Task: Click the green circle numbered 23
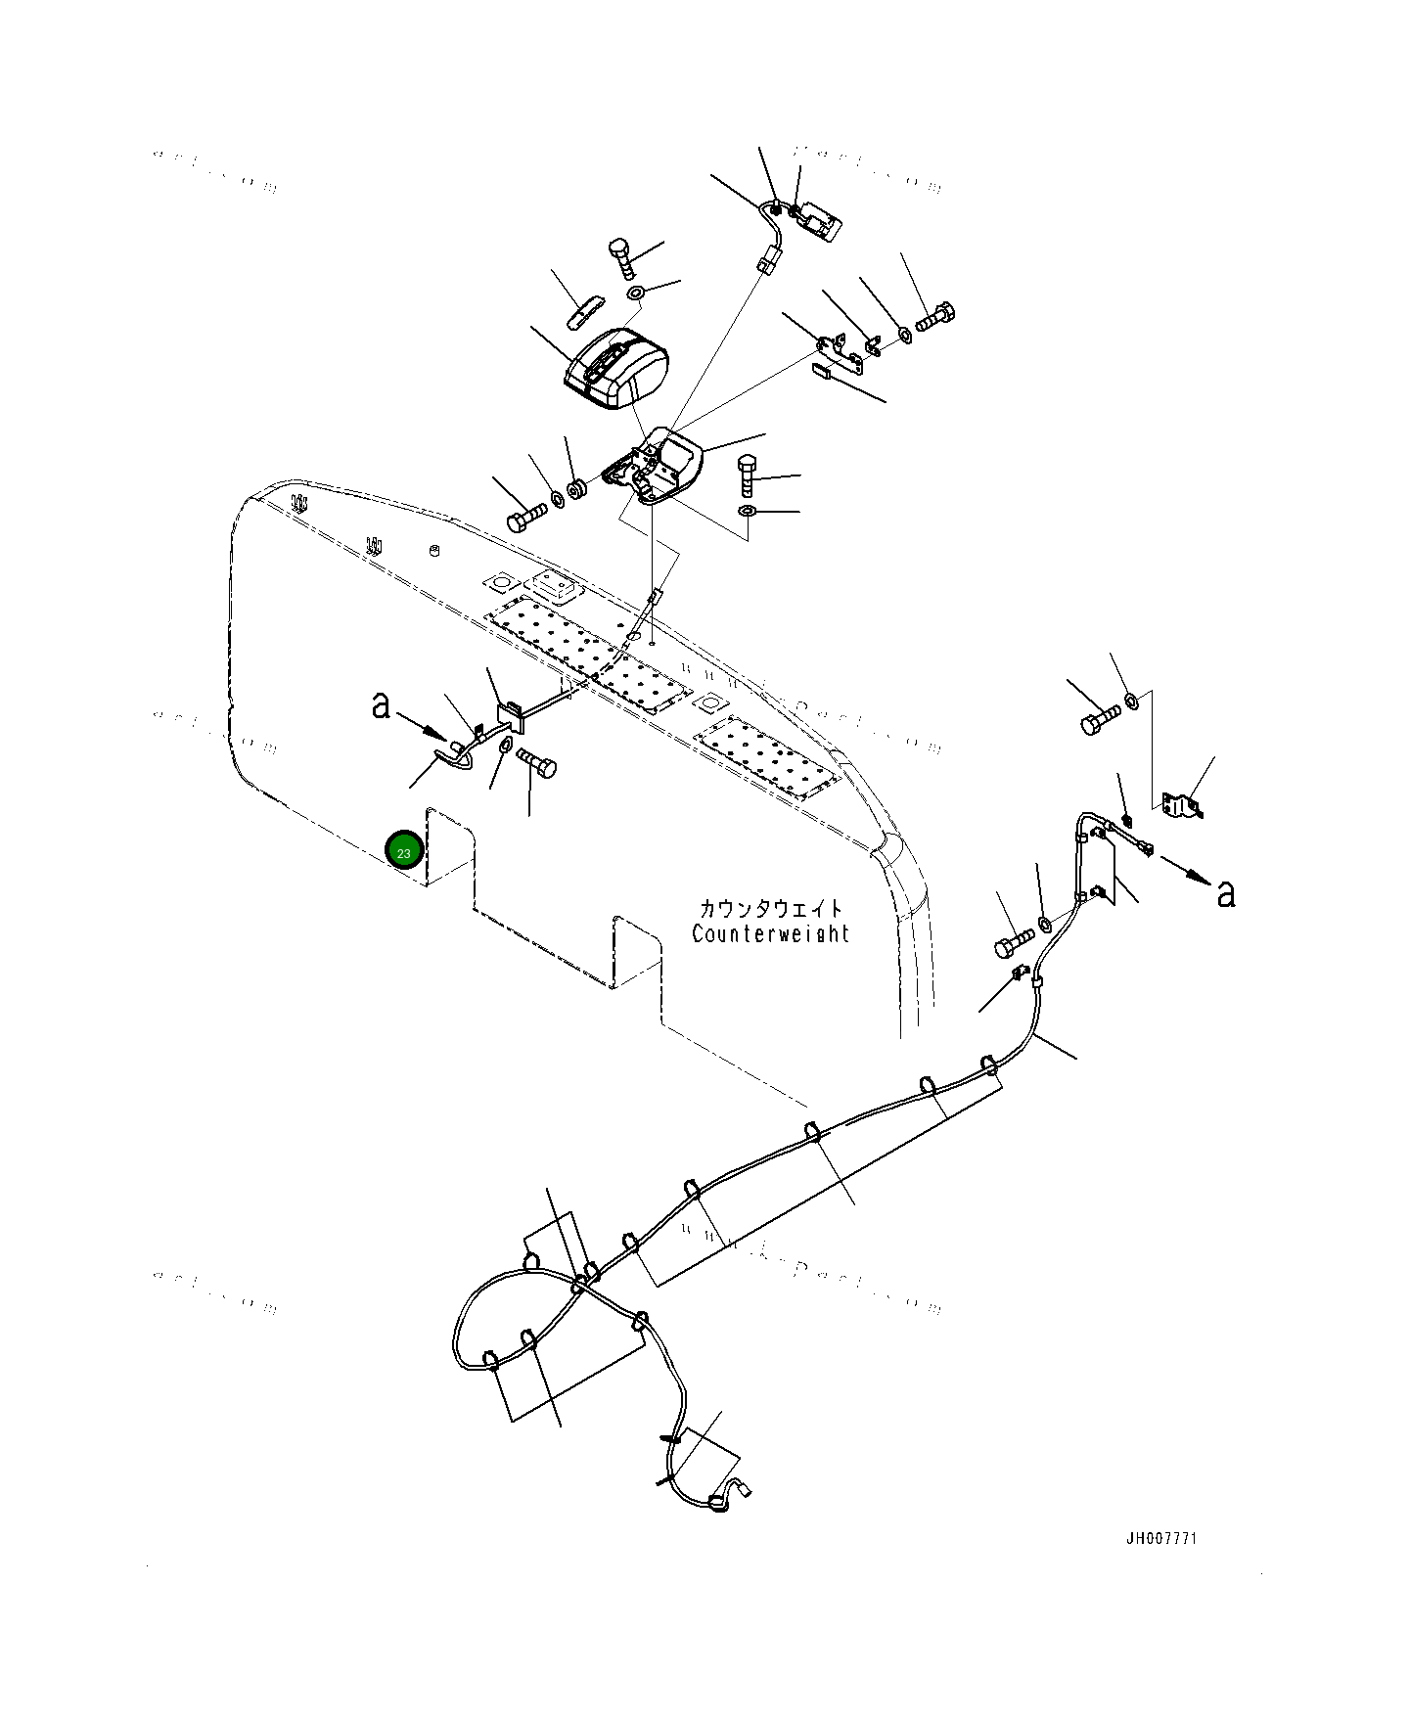pos(404,851)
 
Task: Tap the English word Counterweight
pos(770,933)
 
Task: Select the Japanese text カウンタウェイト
pos(770,909)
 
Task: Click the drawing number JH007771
pos(1160,1538)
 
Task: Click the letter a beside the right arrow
pos(1225,891)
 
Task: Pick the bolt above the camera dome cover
pos(620,256)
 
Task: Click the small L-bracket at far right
pos(1181,804)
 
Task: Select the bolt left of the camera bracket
pos(525,516)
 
